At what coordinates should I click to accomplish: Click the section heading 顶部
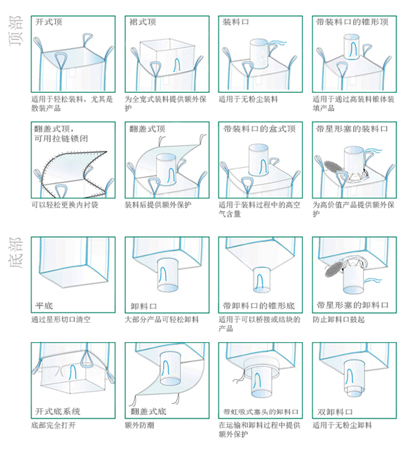(x=15, y=31)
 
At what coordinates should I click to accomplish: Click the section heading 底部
(x=15, y=253)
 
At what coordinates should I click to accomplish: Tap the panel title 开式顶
(x=48, y=22)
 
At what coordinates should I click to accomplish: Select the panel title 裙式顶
(x=142, y=22)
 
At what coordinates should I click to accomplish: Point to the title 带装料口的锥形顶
(x=352, y=22)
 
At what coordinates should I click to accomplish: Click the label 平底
(x=44, y=306)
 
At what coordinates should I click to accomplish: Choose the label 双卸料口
(x=335, y=412)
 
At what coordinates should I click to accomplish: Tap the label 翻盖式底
(x=148, y=412)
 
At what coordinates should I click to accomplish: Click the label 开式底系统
(x=57, y=412)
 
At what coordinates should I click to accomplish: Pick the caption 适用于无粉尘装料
(x=248, y=100)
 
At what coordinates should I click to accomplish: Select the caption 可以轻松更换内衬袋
(x=65, y=205)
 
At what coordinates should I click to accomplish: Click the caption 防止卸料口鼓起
(x=339, y=319)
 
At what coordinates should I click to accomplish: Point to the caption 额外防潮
(x=139, y=425)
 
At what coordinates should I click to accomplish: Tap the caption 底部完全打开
(x=54, y=425)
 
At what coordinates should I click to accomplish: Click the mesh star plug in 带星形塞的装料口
(x=333, y=167)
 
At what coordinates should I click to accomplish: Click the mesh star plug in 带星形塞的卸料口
(x=334, y=269)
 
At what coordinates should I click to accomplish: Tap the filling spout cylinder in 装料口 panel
(x=260, y=54)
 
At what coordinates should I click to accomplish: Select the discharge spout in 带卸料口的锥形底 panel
(x=262, y=280)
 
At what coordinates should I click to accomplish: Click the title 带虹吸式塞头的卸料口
(x=261, y=412)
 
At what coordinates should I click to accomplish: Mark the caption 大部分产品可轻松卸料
(x=162, y=319)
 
